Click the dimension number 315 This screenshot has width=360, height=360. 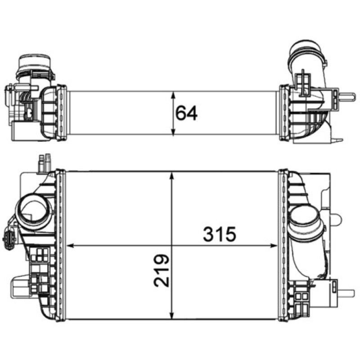click(220, 234)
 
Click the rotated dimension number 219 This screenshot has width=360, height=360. click(162, 270)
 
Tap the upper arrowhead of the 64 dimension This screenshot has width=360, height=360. click(173, 96)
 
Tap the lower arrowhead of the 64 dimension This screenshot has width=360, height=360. click(173, 131)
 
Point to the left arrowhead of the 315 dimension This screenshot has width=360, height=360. click(71, 246)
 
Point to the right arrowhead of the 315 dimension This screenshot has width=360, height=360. click(274, 246)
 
